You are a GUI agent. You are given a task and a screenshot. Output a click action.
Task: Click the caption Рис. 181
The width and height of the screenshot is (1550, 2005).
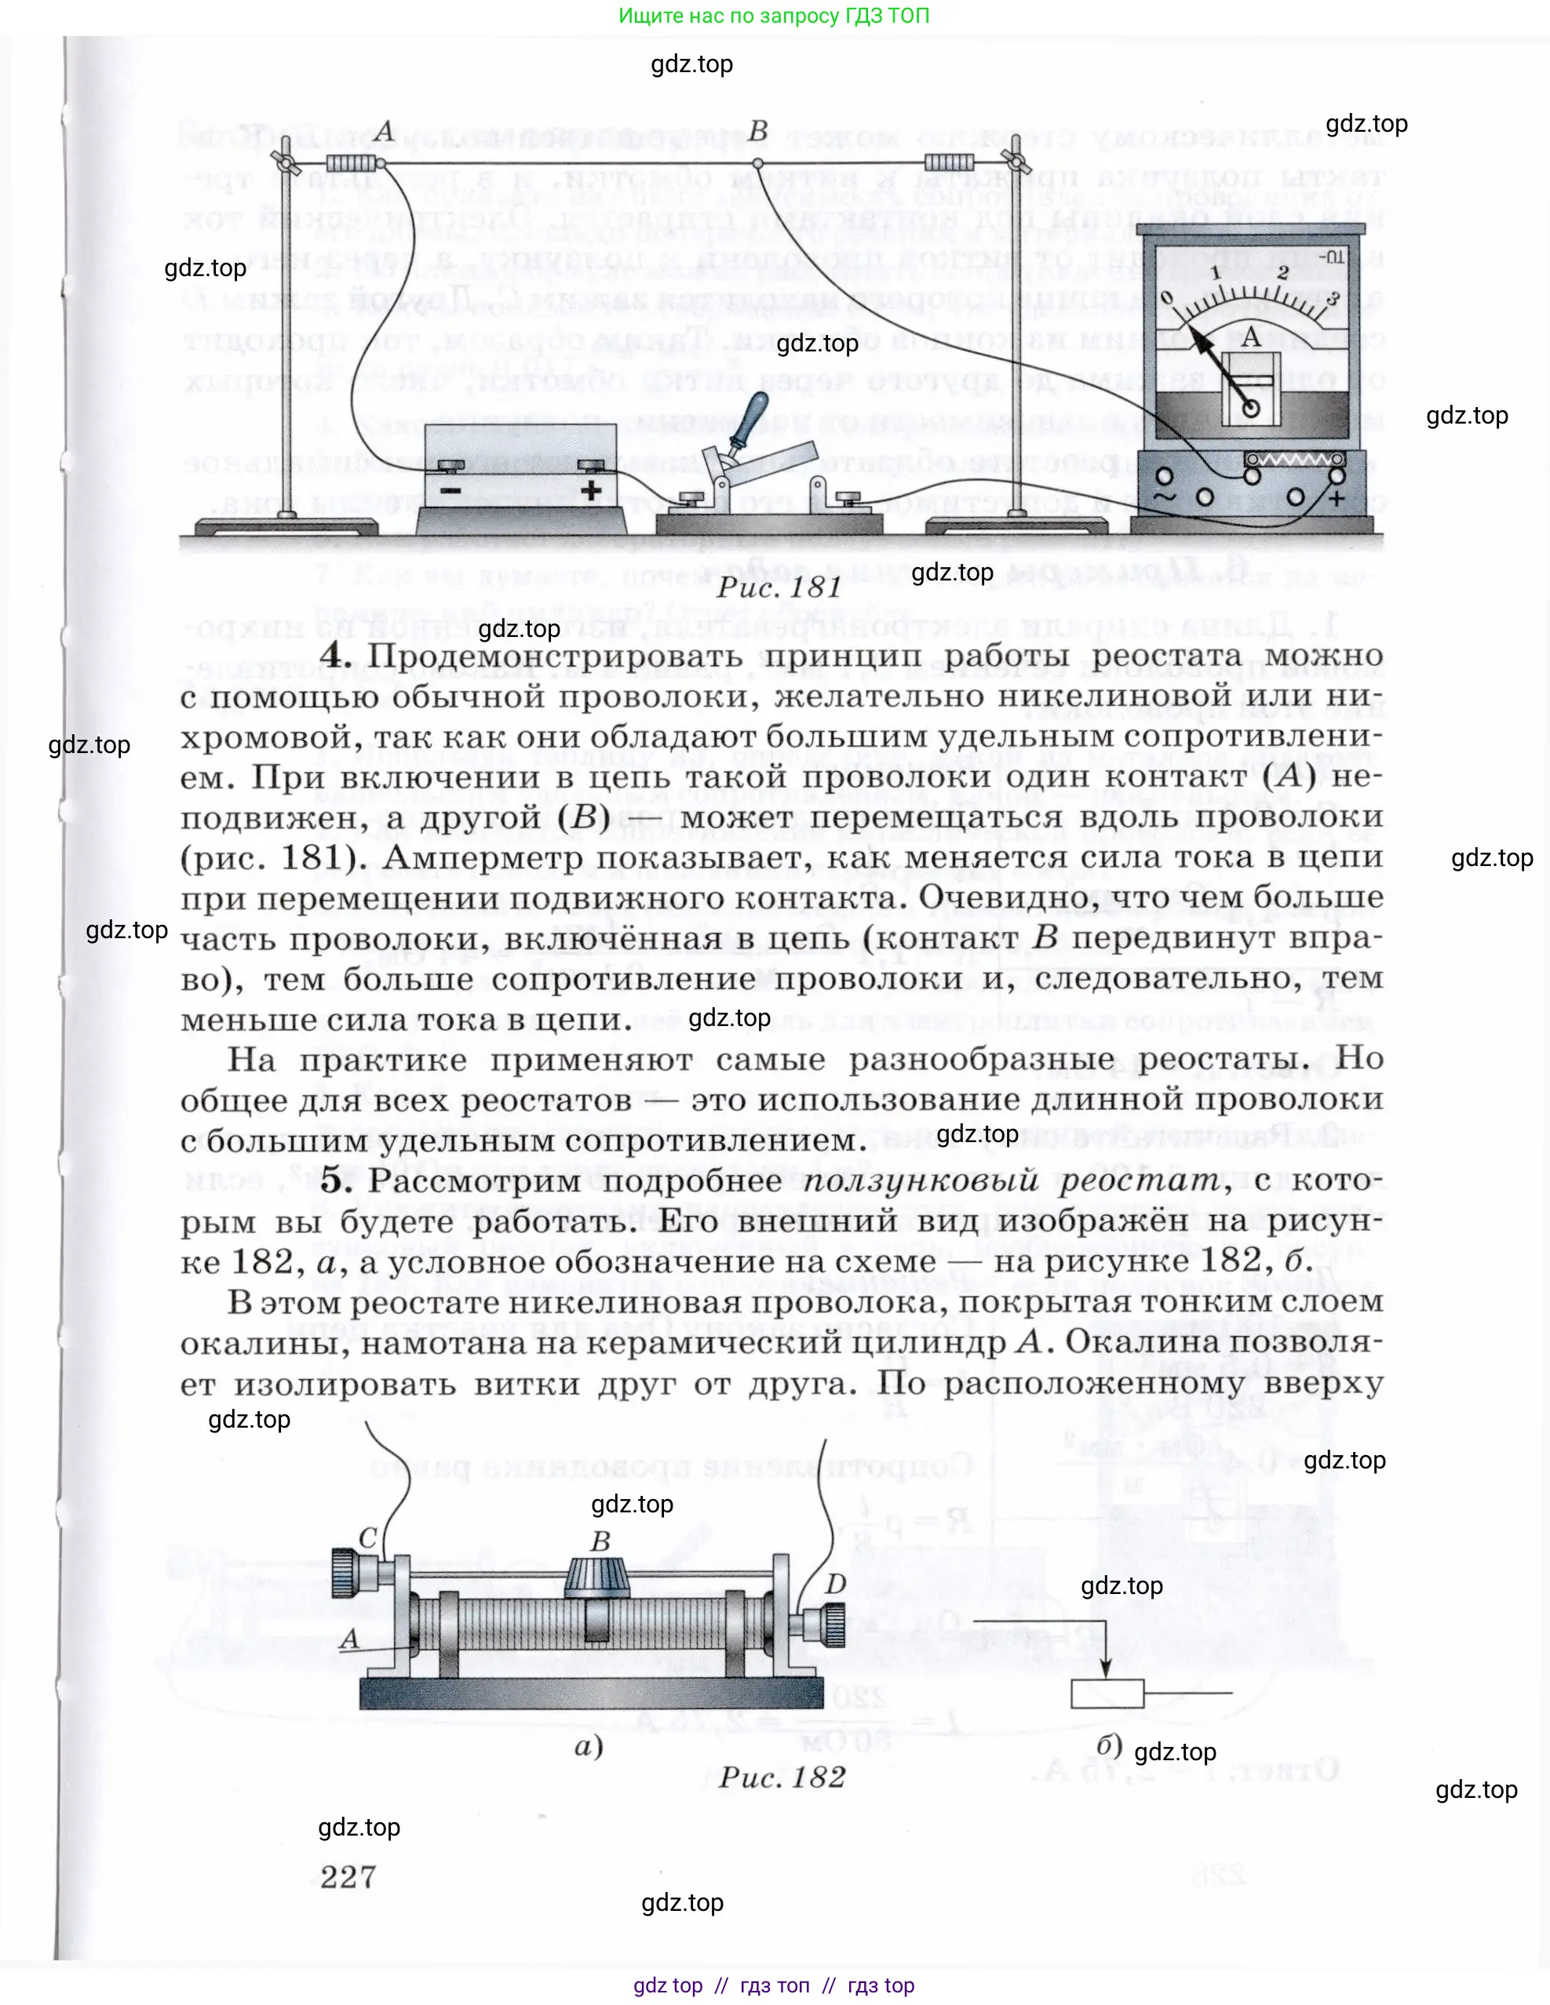click(779, 588)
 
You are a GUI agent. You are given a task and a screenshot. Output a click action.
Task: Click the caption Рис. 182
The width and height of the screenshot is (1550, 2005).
click(782, 1778)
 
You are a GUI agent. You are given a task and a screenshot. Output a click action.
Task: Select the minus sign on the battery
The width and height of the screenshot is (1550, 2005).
click(450, 489)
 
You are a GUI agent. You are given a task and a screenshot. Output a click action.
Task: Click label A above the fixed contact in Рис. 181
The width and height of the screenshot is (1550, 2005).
click(385, 131)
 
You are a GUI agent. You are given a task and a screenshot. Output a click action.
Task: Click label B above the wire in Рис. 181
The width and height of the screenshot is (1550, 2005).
click(757, 131)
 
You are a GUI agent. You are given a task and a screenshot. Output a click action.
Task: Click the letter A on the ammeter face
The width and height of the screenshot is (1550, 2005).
click(1249, 338)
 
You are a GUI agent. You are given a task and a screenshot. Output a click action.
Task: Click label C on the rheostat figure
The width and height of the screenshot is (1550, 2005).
click(367, 1537)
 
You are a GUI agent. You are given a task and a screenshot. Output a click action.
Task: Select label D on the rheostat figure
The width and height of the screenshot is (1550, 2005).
click(835, 1584)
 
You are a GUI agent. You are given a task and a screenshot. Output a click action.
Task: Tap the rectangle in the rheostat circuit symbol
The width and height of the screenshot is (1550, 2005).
click(1107, 1693)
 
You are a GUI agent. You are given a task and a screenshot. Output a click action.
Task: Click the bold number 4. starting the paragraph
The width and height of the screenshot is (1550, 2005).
click(336, 657)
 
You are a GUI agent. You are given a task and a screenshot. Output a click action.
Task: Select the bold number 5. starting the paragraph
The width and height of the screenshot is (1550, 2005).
click(336, 1181)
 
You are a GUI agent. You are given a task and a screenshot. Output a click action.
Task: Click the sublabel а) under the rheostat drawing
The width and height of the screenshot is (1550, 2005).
click(589, 1745)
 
